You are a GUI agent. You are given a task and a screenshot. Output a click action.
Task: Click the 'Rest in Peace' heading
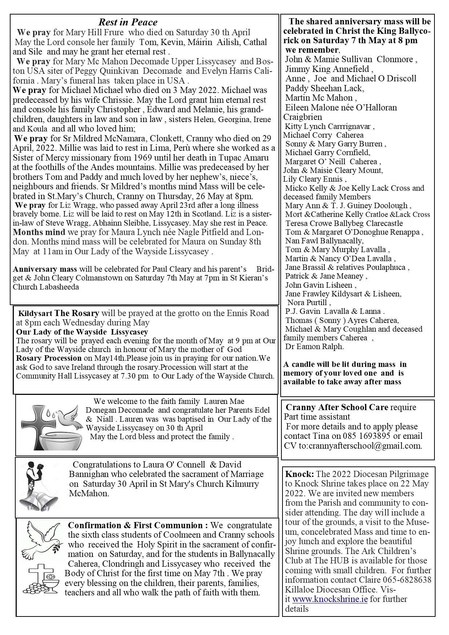tap(128, 22)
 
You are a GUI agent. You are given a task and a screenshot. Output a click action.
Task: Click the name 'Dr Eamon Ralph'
tap(314, 347)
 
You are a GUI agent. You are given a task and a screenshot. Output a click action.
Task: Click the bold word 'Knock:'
tap(300, 474)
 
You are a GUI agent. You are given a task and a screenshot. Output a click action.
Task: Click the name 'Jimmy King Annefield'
tap(329, 69)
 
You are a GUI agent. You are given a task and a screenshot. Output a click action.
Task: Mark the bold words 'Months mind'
tap(39, 232)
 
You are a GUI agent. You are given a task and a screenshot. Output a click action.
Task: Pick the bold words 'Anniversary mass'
tap(45, 269)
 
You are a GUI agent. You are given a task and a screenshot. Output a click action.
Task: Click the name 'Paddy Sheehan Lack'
tap(325, 88)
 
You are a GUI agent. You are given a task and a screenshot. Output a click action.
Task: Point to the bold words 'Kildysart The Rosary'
tap(59, 313)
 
